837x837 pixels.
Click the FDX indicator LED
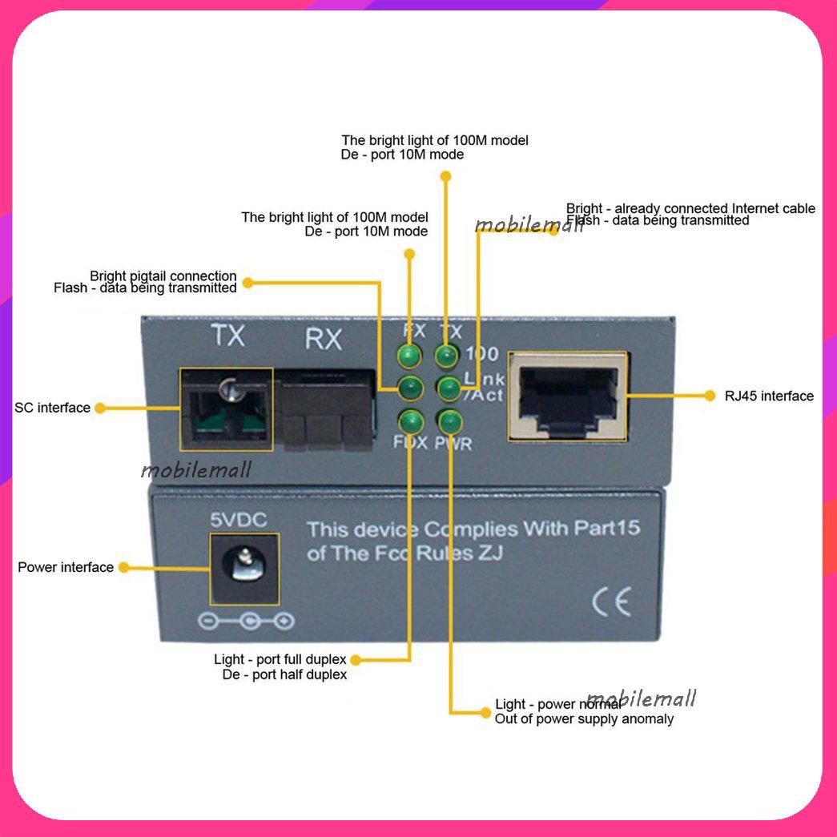[410, 421]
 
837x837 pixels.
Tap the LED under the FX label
[410, 355]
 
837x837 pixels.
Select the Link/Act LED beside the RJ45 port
[447, 388]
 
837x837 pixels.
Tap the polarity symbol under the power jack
[245, 621]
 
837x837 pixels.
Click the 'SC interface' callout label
[52, 408]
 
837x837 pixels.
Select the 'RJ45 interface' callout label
[769, 396]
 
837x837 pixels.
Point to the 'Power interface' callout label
[66, 567]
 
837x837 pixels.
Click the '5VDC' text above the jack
[239, 521]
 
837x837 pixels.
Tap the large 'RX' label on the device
[324, 340]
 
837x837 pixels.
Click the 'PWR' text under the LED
[453, 443]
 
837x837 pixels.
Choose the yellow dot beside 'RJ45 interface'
[709, 395]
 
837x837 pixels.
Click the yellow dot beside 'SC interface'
[99, 408]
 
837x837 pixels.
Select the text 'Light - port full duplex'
[280, 659]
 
